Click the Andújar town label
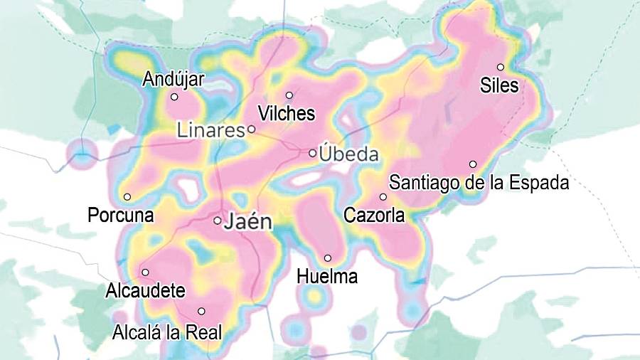tap(173, 79)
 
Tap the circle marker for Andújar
tap(174, 97)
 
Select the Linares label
tap(210, 131)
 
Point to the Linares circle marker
tap(252, 129)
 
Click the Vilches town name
tap(287, 113)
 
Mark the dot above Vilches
tap(289, 95)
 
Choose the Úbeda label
tap(349, 154)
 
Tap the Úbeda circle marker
tap(312, 153)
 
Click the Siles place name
tap(499, 85)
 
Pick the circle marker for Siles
tap(501, 67)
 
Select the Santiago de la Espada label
tap(479, 183)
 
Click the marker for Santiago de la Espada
tap(473, 164)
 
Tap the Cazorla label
tap(374, 215)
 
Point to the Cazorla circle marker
tap(383, 197)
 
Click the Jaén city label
tap(248, 221)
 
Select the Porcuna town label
tap(121, 215)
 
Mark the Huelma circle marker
tap(328, 258)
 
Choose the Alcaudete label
tap(145, 291)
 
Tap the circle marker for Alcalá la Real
tap(201, 311)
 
